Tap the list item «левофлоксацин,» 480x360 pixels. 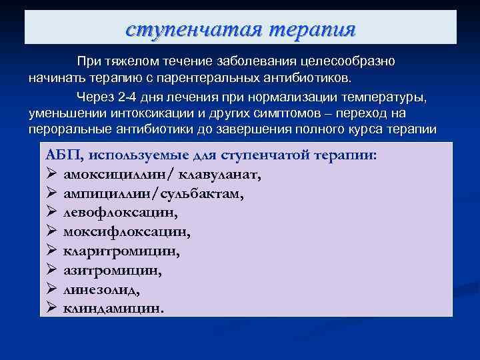(x=121, y=213)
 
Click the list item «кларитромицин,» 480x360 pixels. (x=122, y=252)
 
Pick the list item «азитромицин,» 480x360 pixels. (x=113, y=271)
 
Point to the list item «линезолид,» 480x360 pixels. (x=102, y=291)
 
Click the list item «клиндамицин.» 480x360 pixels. (x=113, y=309)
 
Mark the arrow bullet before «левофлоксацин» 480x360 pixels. (x=51, y=213)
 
